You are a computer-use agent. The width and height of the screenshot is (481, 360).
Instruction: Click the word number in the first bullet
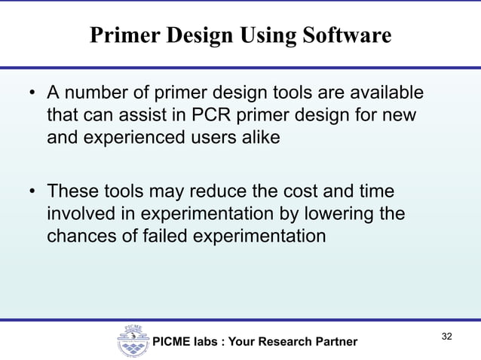[93, 96]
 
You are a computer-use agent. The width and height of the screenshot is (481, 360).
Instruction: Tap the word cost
[307, 193]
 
